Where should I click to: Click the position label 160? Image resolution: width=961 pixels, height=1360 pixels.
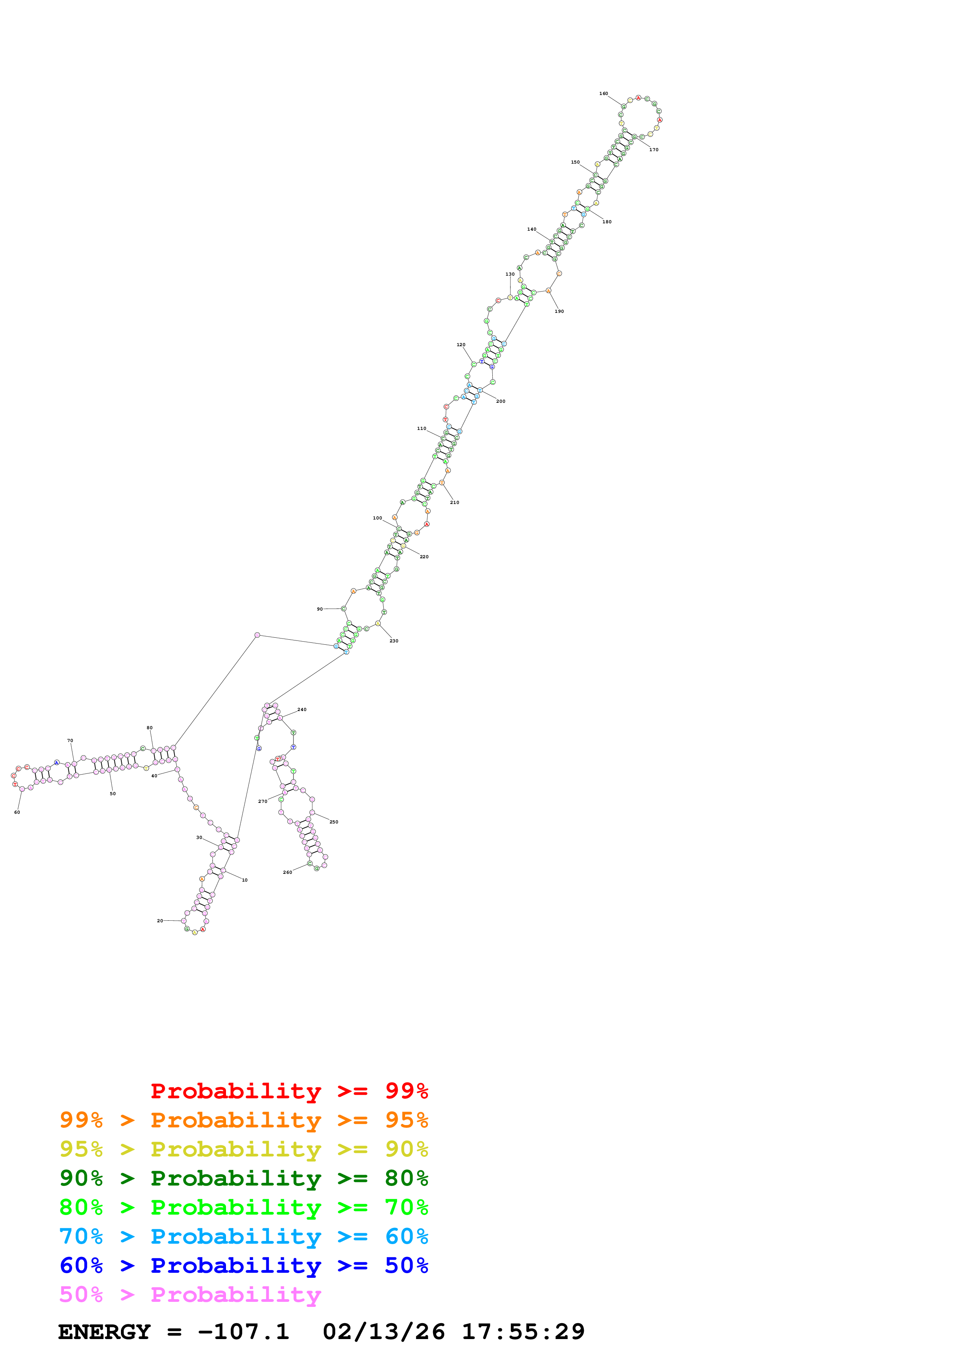603,93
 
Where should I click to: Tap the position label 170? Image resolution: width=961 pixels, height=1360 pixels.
654,150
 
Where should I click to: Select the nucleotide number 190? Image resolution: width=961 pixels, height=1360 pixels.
559,312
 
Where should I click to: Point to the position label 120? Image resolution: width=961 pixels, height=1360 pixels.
461,345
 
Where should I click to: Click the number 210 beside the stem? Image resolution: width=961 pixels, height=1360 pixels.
454,502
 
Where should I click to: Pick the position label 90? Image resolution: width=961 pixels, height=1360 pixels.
320,609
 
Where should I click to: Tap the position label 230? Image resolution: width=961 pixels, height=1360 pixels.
394,641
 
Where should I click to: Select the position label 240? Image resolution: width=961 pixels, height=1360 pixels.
302,709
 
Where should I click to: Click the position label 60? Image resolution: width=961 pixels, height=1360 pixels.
17,812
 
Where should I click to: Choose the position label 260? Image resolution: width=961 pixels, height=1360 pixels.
287,873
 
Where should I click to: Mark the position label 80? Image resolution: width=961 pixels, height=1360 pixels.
149,728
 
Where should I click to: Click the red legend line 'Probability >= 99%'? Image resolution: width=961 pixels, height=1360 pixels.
289,1091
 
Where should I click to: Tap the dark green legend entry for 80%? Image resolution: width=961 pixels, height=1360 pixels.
243,1178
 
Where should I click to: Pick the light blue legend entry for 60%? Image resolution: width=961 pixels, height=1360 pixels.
243,1236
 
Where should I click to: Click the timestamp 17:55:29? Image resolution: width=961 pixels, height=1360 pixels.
523,1332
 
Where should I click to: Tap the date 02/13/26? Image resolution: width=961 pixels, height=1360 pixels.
384,1332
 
